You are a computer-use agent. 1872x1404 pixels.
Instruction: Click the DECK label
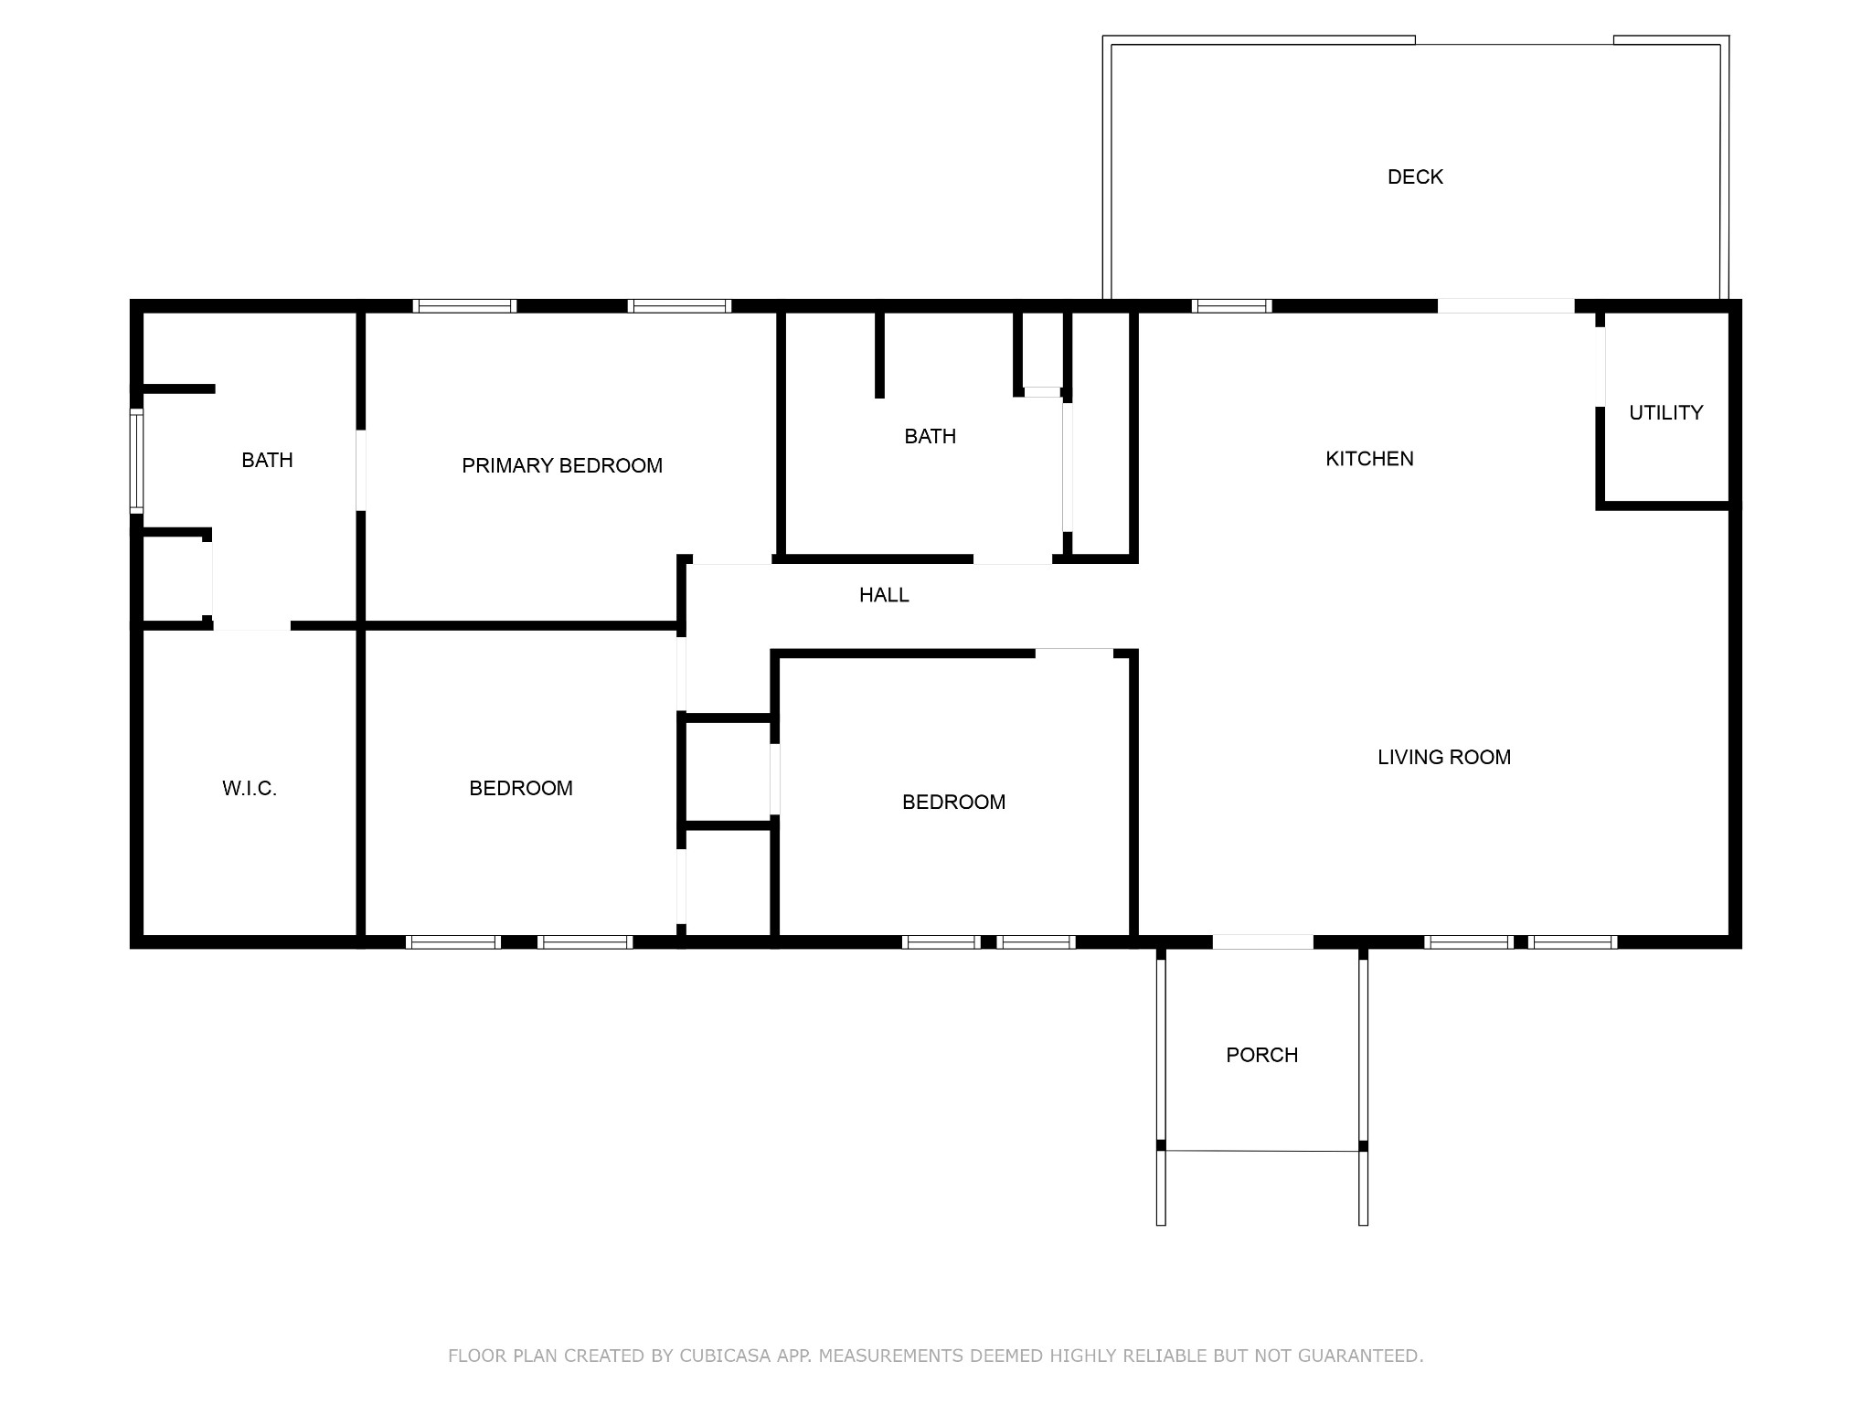[1414, 177]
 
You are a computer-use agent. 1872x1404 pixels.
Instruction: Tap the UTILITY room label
[1665, 413]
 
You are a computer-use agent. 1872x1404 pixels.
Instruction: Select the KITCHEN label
[1368, 459]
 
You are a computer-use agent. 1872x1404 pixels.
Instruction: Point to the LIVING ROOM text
[1443, 757]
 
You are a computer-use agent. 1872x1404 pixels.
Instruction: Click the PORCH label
[1261, 1055]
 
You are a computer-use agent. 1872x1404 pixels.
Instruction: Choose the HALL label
[883, 595]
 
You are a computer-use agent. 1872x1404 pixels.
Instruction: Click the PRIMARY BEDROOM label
[561, 466]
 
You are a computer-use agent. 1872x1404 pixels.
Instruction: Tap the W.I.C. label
[249, 789]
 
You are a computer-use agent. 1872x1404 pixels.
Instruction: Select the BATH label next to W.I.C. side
[267, 461]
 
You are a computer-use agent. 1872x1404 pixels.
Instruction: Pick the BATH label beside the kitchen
[930, 437]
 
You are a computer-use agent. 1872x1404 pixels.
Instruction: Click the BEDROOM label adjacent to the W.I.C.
[520, 789]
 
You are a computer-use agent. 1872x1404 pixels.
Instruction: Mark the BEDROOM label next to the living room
[953, 803]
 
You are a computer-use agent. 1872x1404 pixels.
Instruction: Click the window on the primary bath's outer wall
[137, 460]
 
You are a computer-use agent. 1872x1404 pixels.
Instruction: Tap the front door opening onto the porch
[1262, 941]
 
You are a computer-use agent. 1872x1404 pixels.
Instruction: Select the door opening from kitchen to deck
[1505, 306]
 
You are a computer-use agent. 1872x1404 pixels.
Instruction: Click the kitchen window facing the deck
[1231, 306]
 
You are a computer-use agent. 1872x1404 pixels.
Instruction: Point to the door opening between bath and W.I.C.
[251, 625]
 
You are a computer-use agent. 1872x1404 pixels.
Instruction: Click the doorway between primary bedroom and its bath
[361, 470]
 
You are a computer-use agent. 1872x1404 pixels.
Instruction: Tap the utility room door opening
[1601, 367]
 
